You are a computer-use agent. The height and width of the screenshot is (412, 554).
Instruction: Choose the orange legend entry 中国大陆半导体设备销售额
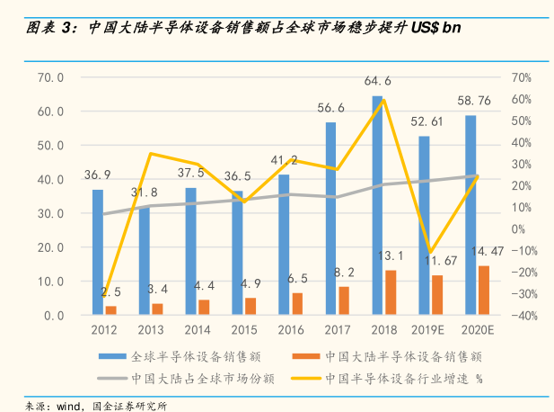(404, 356)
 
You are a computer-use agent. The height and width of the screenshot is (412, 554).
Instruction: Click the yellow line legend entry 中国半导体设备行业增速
(395, 378)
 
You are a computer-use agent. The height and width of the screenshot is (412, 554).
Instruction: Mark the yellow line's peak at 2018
(383, 100)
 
